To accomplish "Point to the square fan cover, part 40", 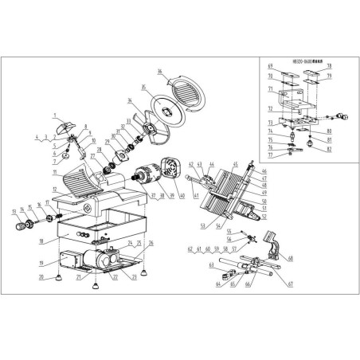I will click(169, 172).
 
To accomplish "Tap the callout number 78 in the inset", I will click(328, 67).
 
